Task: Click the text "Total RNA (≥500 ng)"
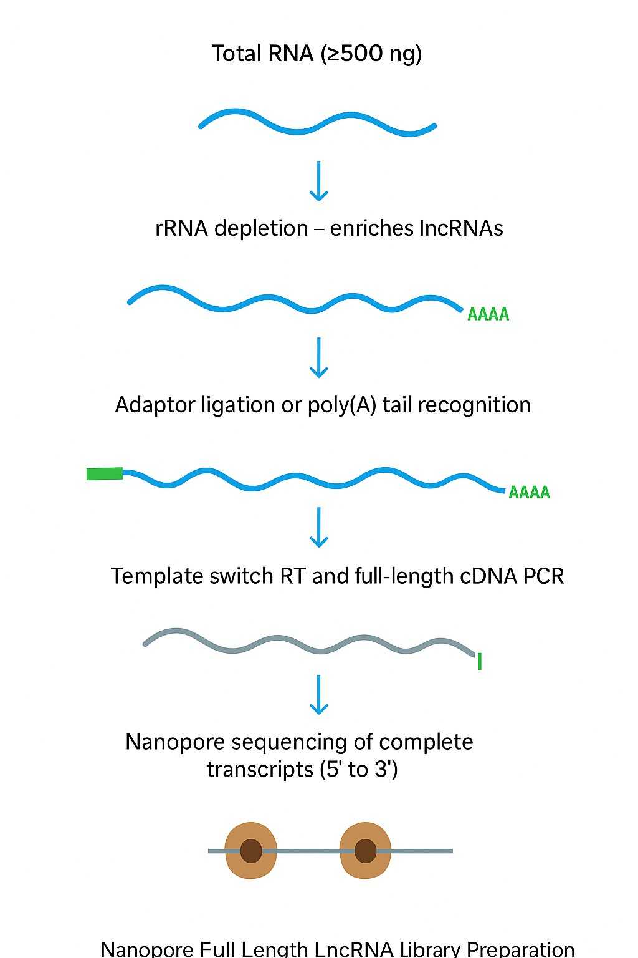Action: (x=317, y=54)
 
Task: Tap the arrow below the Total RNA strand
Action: (x=319, y=181)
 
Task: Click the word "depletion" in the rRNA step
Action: (x=261, y=228)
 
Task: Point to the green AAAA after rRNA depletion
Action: (x=488, y=314)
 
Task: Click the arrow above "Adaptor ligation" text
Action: (x=319, y=358)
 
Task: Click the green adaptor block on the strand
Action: (x=105, y=474)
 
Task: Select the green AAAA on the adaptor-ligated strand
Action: (x=529, y=493)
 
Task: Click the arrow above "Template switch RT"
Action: (x=319, y=528)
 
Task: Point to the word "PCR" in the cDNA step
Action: (x=543, y=576)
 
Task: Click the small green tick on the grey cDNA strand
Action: (x=480, y=661)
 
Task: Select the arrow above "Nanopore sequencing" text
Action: (x=319, y=695)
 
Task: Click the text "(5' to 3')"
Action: (x=358, y=770)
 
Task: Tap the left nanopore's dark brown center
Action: (x=251, y=851)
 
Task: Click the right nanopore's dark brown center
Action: (x=365, y=851)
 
